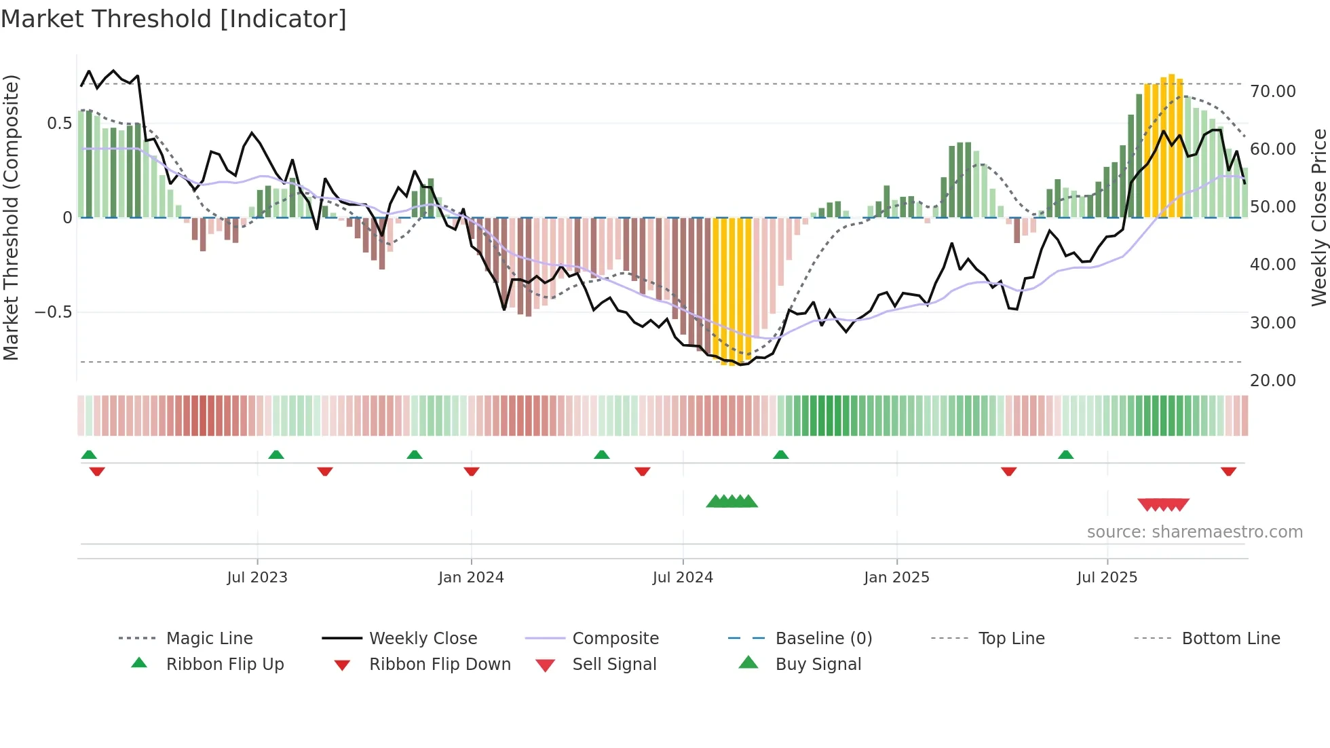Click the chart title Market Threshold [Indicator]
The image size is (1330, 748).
tap(174, 19)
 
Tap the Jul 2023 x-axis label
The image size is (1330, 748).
tap(257, 578)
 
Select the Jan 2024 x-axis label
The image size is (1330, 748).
tap(471, 578)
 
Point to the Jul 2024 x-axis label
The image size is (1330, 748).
tap(683, 578)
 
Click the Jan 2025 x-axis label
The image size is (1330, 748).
tap(896, 578)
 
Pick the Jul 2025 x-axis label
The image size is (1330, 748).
tap(1107, 578)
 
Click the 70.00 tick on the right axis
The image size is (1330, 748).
tap(1273, 92)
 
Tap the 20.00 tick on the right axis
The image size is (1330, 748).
tap(1273, 381)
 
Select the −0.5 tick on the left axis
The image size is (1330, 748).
tap(54, 312)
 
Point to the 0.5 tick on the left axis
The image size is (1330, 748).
tap(59, 124)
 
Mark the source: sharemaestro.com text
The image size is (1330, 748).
tap(1194, 532)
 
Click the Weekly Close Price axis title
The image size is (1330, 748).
tap(1318, 217)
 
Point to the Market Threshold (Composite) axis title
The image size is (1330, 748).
tap(11, 217)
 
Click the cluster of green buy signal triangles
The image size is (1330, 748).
tap(731, 502)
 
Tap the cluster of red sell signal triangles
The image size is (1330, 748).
tap(1163, 504)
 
